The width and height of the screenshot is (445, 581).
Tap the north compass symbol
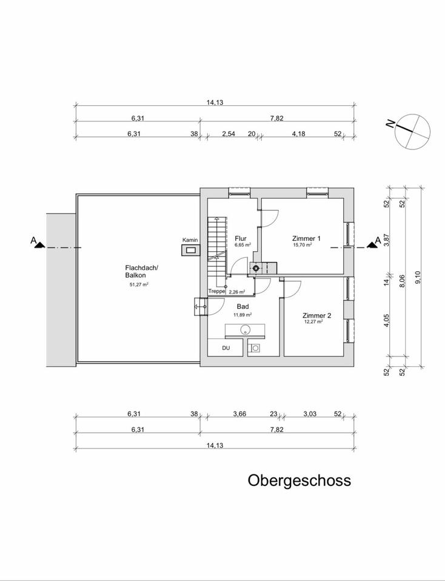coord(410,131)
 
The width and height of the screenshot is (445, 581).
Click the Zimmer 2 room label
coord(317,315)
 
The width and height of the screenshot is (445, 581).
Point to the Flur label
coord(241,238)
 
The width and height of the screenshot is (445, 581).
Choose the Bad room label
coord(241,307)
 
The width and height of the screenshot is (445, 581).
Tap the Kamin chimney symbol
coord(190,249)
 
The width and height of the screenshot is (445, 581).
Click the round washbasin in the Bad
coord(246,330)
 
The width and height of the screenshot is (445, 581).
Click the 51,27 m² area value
coord(139,284)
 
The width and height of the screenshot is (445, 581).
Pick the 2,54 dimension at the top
coord(228,134)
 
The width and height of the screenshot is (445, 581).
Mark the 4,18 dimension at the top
coord(298,134)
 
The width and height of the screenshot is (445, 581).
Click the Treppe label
coord(216,291)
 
